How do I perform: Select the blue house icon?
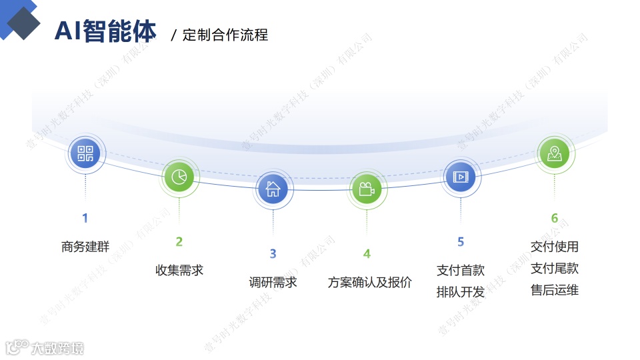click(x=273, y=189)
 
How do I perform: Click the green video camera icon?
click(x=366, y=189)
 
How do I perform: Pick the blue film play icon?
click(x=460, y=177)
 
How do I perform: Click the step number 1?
click(x=85, y=218)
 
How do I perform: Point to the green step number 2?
click(x=179, y=242)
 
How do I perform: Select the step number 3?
click(x=273, y=254)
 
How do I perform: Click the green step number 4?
click(x=367, y=254)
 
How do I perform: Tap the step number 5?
click(x=461, y=242)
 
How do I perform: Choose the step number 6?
click(x=554, y=218)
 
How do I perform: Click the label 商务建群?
click(x=85, y=247)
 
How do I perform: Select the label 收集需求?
click(x=179, y=270)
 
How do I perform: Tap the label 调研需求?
click(x=273, y=282)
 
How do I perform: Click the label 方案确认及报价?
click(x=369, y=282)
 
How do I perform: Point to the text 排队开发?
click(x=461, y=292)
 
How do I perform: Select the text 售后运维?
click(x=555, y=290)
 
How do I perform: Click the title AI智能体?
click(x=105, y=31)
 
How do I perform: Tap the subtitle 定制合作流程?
click(x=225, y=35)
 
